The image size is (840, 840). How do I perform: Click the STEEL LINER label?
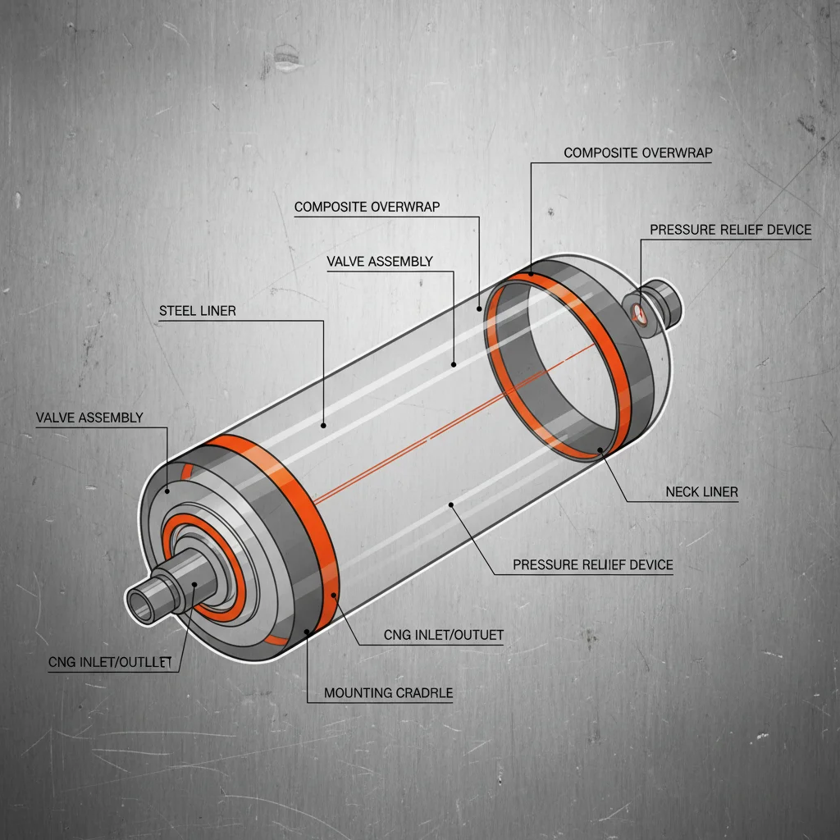coord(197,311)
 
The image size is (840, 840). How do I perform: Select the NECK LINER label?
coord(701,492)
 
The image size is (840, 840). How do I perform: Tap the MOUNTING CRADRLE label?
coord(388,693)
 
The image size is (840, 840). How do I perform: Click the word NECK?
coord(682,492)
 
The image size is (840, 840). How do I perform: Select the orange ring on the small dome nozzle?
coord(638,311)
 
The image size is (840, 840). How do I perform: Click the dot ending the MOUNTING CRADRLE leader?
coord(307,632)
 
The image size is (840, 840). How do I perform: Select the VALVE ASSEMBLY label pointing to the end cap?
coord(89,418)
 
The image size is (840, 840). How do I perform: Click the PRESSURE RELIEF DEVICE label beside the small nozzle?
coord(730,230)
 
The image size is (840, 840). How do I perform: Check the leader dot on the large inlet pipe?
coord(194,584)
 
